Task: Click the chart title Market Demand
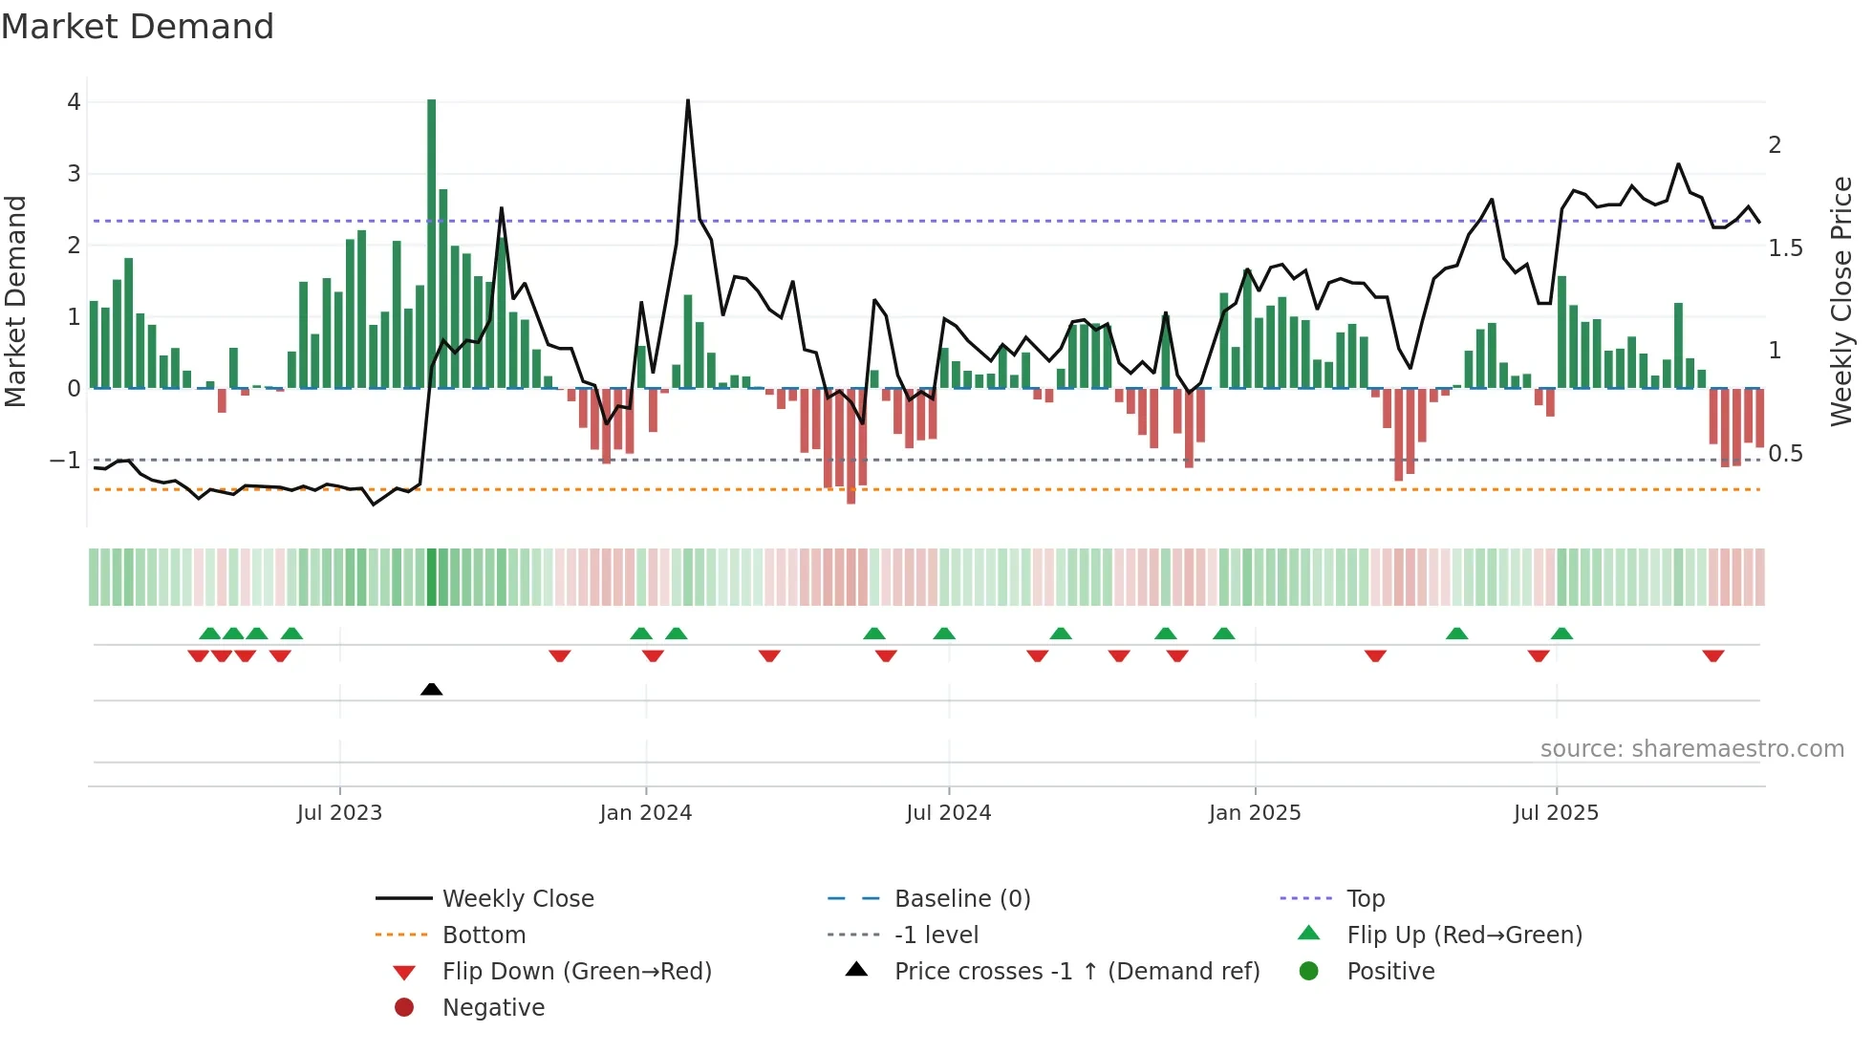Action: (x=138, y=27)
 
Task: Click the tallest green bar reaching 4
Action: (x=432, y=244)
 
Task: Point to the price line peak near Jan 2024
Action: (x=688, y=101)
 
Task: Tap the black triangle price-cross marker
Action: (x=432, y=689)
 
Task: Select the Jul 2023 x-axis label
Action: (x=339, y=813)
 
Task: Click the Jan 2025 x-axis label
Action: (x=1255, y=813)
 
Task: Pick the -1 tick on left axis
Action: (x=65, y=461)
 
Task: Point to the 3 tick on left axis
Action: (x=74, y=174)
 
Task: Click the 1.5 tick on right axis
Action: (x=1785, y=248)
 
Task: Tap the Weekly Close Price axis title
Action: (x=1841, y=301)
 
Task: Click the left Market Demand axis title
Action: (x=16, y=301)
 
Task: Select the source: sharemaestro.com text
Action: (x=1691, y=749)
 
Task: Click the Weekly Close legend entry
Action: (x=517, y=899)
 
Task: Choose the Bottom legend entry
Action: (x=484, y=935)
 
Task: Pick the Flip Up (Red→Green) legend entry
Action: (x=1464, y=935)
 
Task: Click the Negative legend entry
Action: (x=493, y=1008)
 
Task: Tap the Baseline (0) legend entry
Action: (x=961, y=899)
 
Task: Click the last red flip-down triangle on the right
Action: (x=1712, y=655)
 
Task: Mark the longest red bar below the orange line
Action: (x=850, y=446)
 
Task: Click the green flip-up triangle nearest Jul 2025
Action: (x=1561, y=634)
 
